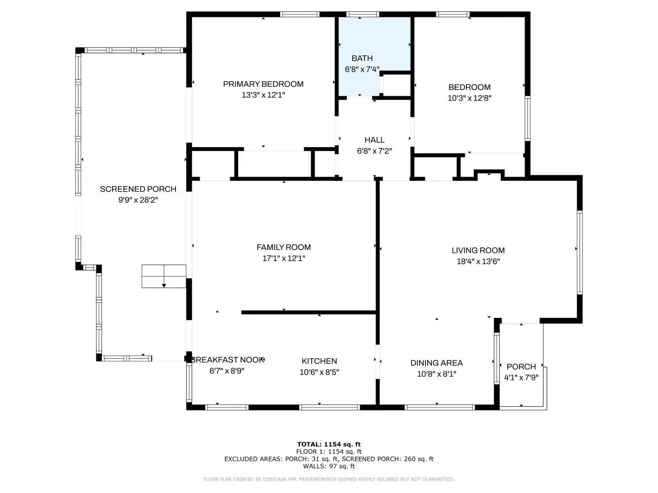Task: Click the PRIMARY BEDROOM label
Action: tap(263, 84)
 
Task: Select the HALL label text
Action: tap(374, 140)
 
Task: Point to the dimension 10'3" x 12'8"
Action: tap(469, 98)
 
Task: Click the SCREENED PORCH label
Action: tap(138, 189)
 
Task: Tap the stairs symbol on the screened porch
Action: tap(164, 276)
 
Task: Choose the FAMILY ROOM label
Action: tap(283, 247)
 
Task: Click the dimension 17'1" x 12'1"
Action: tap(283, 258)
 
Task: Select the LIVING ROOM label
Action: tap(478, 251)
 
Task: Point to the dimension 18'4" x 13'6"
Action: tap(478, 262)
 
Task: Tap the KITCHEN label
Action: tap(319, 361)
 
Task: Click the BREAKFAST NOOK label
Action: tap(228, 360)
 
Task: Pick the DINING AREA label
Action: tap(436, 363)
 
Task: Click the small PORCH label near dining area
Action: tap(521, 367)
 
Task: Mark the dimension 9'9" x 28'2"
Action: tap(138, 200)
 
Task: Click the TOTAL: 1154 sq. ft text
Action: tap(329, 444)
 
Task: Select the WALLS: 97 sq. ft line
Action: tap(329, 466)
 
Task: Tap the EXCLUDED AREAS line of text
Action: tap(329, 459)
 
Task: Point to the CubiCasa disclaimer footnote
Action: tap(329, 479)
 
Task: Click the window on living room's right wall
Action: tap(579, 252)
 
